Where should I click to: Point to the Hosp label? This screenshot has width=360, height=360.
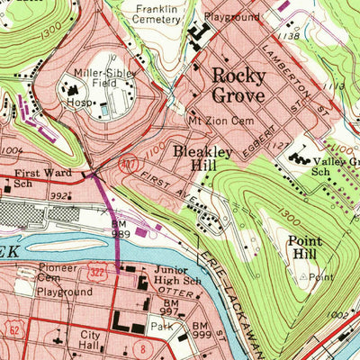click(x=76, y=103)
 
